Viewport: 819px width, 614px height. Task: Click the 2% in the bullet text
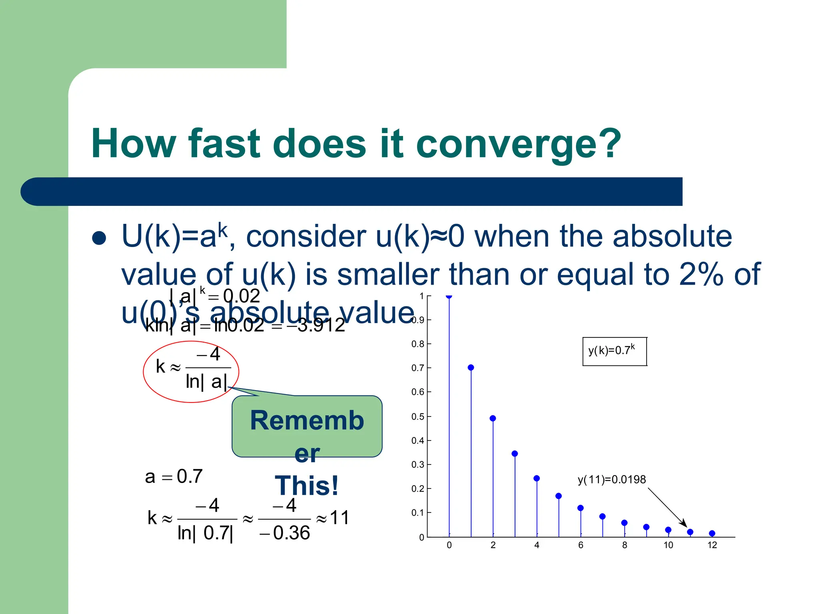[701, 275]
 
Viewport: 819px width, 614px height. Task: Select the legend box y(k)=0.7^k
[614, 351]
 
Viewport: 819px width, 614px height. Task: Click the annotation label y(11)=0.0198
[611, 479]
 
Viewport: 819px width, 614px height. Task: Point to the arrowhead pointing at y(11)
[684, 524]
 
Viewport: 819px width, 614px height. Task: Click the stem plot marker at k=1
[471, 367]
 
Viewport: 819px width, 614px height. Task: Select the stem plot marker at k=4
[537, 478]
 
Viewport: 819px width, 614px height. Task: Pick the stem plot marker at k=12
[712, 533]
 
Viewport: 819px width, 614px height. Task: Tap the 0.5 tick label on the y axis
[417, 417]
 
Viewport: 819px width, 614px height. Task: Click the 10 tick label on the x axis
[668, 545]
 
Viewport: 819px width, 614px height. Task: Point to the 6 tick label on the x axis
[581, 545]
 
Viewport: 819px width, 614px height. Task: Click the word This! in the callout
[307, 486]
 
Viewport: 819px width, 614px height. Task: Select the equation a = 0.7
[174, 476]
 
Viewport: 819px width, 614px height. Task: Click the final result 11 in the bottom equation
[340, 518]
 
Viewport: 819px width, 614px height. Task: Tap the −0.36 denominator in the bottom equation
[285, 533]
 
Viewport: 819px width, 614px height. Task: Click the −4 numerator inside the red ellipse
[209, 354]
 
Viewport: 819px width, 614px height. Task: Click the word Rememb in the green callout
[307, 421]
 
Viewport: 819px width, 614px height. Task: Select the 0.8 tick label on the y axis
[417, 344]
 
